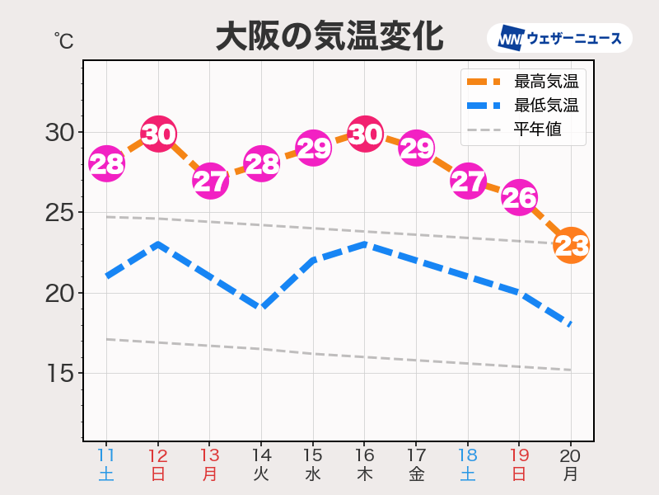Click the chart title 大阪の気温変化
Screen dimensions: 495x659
(x=329, y=37)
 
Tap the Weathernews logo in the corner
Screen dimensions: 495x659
(x=559, y=38)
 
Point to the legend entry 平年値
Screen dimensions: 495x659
(x=537, y=130)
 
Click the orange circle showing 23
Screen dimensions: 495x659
(x=571, y=246)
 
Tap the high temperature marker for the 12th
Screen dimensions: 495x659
(x=158, y=133)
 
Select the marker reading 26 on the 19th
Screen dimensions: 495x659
(x=520, y=198)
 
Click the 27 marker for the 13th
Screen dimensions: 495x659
(x=210, y=181)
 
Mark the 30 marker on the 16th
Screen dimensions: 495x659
(x=365, y=133)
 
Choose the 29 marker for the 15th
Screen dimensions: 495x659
(x=313, y=148)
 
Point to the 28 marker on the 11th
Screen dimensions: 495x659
(x=107, y=164)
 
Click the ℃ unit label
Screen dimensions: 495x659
(x=63, y=38)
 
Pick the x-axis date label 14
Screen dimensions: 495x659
(x=261, y=455)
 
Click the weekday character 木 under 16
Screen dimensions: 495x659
(x=365, y=474)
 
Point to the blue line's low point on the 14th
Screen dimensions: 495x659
(x=262, y=308)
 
